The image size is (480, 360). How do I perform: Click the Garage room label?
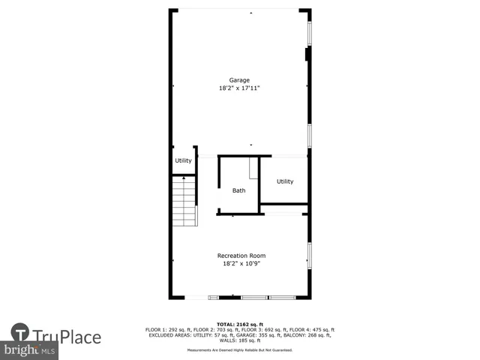pos(239,80)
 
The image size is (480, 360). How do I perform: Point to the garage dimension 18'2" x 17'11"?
pos(239,88)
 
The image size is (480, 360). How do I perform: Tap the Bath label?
pos(238,190)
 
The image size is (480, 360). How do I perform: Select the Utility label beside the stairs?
pos(183,160)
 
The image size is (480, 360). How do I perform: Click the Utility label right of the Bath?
pos(285,181)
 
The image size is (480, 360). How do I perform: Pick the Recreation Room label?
pos(241,256)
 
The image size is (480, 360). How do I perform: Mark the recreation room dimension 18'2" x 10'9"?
pos(241,263)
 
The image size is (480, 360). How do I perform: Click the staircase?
pos(184,201)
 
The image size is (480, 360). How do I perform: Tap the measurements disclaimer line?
pos(240,350)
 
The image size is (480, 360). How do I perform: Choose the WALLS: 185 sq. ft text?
pos(240,341)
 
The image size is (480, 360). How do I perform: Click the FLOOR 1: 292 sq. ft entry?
pos(169,331)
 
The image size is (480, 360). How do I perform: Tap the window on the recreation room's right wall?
pos(309,256)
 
